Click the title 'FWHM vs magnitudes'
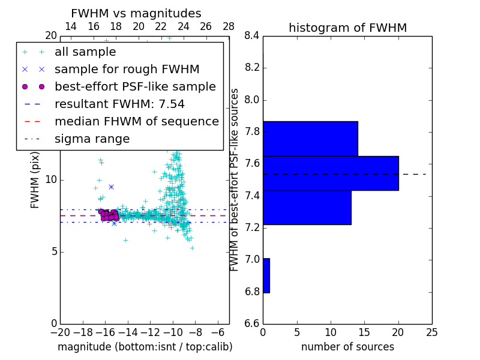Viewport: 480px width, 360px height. (136, 13)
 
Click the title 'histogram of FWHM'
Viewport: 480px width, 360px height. (347, 28)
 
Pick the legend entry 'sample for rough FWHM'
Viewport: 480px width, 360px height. (127, 69)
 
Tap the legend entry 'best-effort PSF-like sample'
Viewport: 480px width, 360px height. (135, 86)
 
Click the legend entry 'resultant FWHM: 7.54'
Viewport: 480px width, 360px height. (119, 104)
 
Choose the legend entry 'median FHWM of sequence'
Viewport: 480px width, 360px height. (136, 121)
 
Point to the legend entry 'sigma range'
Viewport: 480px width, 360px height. (92, 139)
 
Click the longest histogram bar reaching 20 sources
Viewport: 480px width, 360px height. (331, 173)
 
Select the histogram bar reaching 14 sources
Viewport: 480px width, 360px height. (310, 139)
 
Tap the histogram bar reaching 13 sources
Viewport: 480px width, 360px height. (307, 207)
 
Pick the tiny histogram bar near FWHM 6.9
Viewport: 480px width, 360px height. (266, 275)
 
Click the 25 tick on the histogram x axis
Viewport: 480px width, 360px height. (431, 332)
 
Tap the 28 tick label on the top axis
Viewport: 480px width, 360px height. (229, 26)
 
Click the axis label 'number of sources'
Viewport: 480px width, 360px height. (347, 347)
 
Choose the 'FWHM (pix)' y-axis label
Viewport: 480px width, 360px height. (35, 180)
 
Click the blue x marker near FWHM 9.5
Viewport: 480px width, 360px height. (111, 187)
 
